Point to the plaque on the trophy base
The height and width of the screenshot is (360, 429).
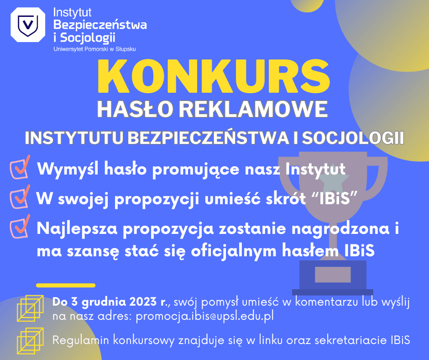click(333, 274)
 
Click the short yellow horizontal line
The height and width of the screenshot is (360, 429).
click(66, 286)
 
